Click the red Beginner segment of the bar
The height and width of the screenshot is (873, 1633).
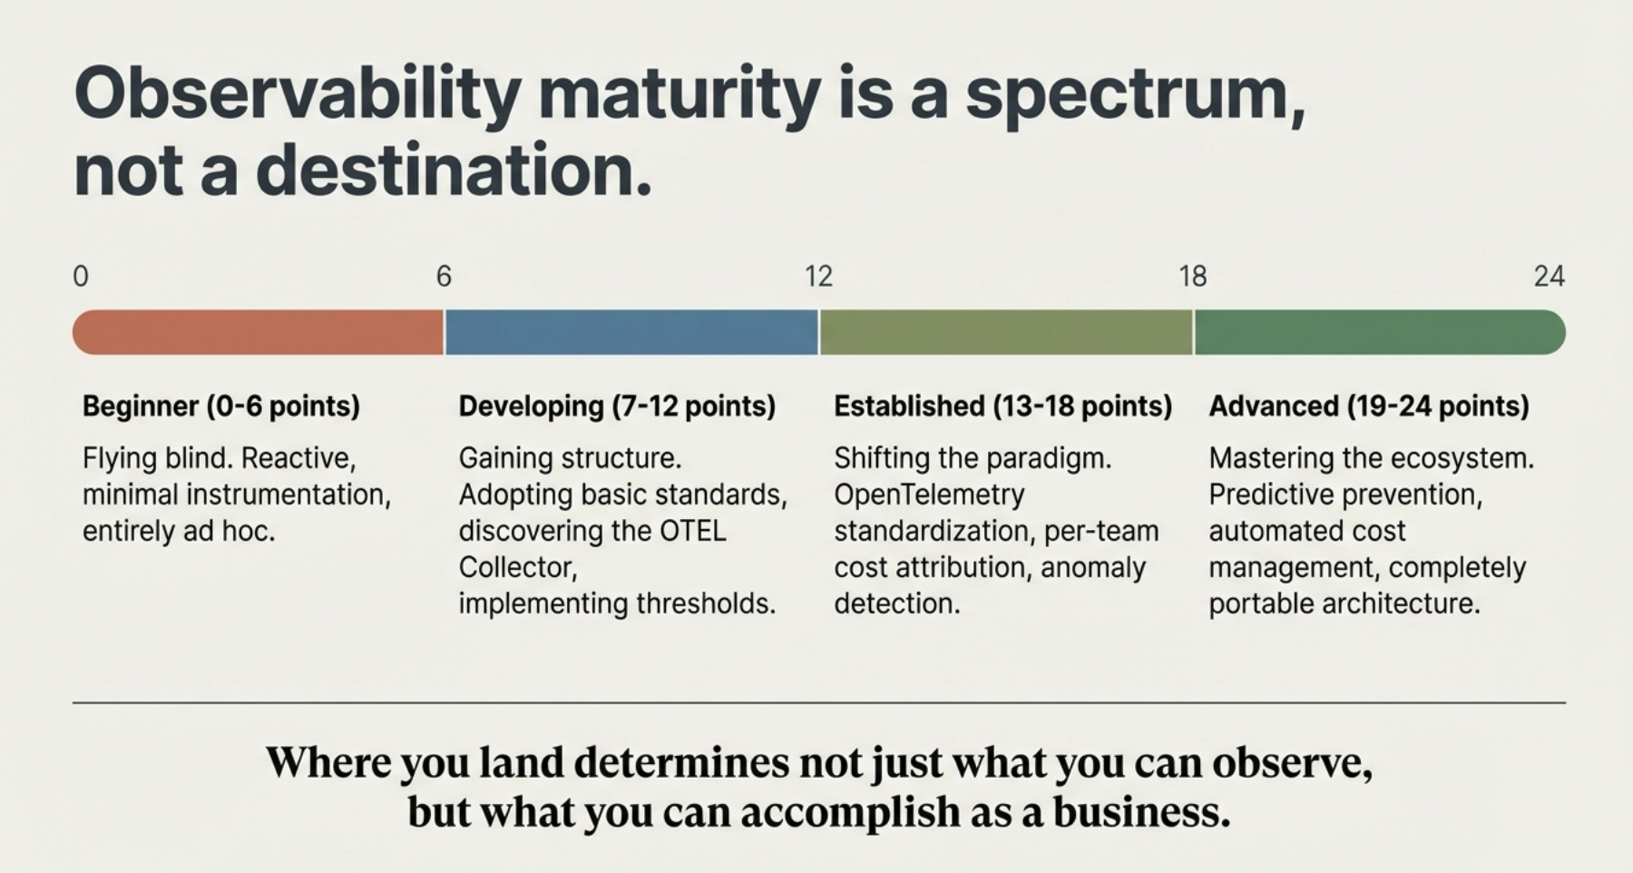point(259,332)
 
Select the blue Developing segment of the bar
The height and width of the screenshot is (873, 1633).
point(631,332)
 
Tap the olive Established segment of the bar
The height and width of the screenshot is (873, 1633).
point(1006,332)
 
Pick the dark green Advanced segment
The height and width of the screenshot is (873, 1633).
point(1379,332)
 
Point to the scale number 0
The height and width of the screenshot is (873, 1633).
point(81,276)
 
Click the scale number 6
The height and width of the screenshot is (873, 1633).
point(444,276)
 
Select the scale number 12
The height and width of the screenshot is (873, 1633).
point(818,276)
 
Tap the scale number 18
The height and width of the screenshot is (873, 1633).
point(1193,276)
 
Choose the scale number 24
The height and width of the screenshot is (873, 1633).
point(1549,276)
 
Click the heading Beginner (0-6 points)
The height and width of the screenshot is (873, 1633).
point(221,406)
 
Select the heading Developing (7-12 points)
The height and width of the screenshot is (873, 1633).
point(617,406)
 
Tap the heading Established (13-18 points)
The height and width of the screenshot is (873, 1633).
point(1002,406)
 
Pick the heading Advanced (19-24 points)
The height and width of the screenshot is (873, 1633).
point(1368,406)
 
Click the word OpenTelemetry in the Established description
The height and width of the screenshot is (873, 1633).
point(929,495)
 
